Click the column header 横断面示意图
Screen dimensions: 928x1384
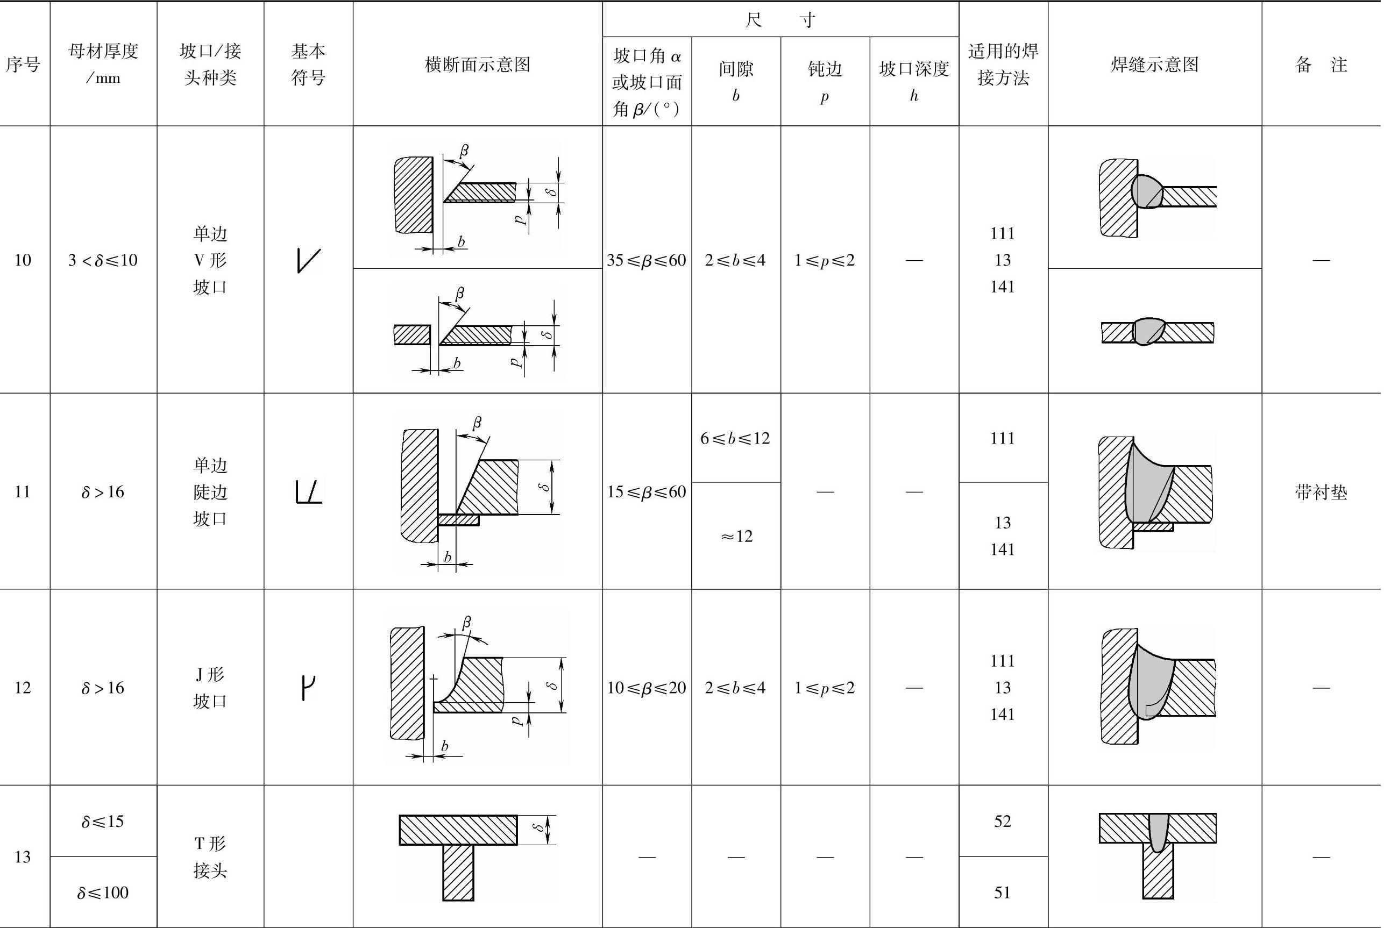[477, 64]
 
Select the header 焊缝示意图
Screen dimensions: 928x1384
[1154, 64]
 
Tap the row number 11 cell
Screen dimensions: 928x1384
[23, 491]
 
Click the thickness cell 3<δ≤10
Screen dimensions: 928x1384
[103, 260]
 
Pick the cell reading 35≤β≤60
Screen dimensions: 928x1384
[647, 260]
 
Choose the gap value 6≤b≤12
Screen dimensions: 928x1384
[735, 438]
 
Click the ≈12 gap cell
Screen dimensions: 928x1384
[736, 536]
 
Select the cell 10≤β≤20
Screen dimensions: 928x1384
[647, 688]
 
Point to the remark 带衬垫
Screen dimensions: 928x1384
[1321, 492]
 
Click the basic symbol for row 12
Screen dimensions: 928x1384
[308, 688]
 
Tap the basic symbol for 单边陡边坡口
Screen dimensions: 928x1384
[308, 492]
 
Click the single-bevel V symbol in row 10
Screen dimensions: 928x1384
[308, 260]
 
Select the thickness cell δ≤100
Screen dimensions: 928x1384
[103, 892]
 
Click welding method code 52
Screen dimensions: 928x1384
[1002, 821]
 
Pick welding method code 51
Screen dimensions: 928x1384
[1002, 892]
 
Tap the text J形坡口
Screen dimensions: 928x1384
[210, 688]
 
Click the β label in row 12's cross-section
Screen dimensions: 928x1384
[466, 623]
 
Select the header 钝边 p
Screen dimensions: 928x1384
[825, 82]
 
